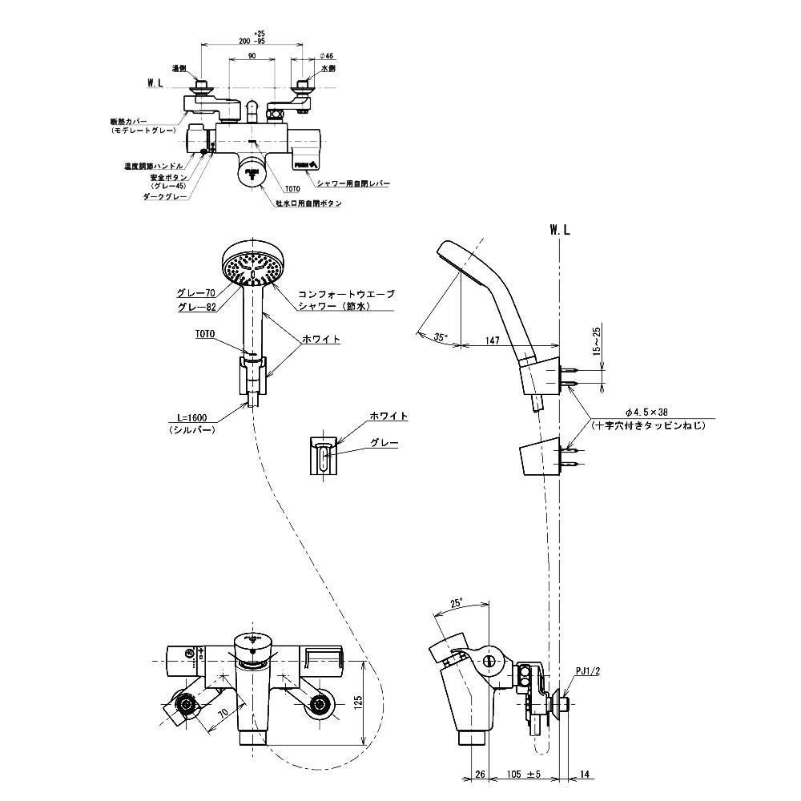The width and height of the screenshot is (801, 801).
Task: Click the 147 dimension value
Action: click(492, 340)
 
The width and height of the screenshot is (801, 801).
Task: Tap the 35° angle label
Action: click(439, 337)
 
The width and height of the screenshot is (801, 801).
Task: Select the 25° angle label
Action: click(457, 602)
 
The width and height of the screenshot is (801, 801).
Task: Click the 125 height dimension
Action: click(359, 702)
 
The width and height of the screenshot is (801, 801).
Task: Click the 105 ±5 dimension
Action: click(525, 775)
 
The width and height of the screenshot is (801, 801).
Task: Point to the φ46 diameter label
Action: click(326, 55)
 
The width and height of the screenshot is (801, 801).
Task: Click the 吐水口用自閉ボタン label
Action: click(308, 204)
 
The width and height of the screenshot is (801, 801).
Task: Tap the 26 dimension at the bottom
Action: click(480, 775)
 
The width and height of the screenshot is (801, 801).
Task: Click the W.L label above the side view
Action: click(560, 230)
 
